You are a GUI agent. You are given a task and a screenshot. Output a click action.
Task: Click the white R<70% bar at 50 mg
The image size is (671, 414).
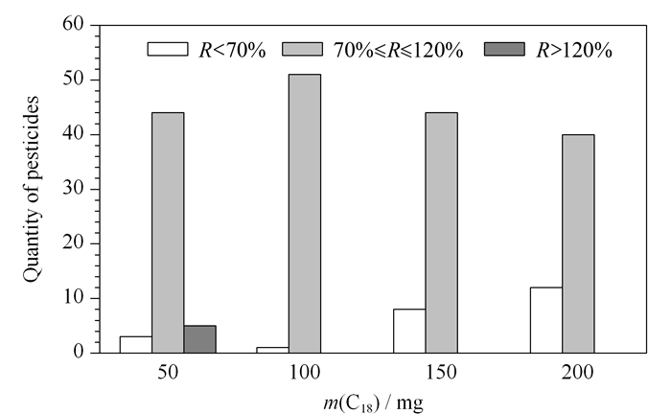[136, 345]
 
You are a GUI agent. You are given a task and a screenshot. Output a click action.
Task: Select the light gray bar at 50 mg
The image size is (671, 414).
[168, 233]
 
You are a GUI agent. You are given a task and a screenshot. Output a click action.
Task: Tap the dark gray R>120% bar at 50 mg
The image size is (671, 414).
[199, 339]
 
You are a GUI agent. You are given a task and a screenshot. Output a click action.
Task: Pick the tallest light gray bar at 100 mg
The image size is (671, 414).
[305, 214]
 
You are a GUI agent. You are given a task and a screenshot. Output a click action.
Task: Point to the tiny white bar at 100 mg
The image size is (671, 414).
[272, 351]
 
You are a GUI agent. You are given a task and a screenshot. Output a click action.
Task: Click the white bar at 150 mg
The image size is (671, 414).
[409, 331]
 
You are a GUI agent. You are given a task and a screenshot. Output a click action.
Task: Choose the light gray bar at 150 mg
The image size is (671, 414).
[442, 233]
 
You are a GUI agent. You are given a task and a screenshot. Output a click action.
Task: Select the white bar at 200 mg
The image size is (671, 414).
[546, 320]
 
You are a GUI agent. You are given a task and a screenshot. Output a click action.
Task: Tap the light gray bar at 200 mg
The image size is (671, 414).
[579, 243]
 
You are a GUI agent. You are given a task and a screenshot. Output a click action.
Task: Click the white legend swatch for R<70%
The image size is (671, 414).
[168, 49]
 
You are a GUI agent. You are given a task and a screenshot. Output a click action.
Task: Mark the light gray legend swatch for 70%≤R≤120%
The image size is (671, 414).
[302, 49]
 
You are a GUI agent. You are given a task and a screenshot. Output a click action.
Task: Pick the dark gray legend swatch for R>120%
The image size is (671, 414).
[504, 49]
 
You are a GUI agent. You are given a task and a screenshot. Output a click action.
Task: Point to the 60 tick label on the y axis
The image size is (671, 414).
[74, 24]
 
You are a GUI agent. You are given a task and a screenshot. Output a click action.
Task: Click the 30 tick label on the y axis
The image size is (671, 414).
[74, 188]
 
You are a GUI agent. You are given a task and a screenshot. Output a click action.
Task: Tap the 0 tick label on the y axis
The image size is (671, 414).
[80, 352]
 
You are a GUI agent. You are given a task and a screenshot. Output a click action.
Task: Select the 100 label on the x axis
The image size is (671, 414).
[305, 373]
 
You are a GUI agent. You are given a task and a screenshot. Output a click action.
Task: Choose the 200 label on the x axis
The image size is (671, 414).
[578, 373]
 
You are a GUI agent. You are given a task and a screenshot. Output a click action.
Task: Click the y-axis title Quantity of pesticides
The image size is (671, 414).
[31, 189]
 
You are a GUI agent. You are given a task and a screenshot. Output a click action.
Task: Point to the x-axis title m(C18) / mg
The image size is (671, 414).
[373, 403]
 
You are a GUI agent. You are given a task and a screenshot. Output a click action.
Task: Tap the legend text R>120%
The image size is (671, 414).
[574, 51]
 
